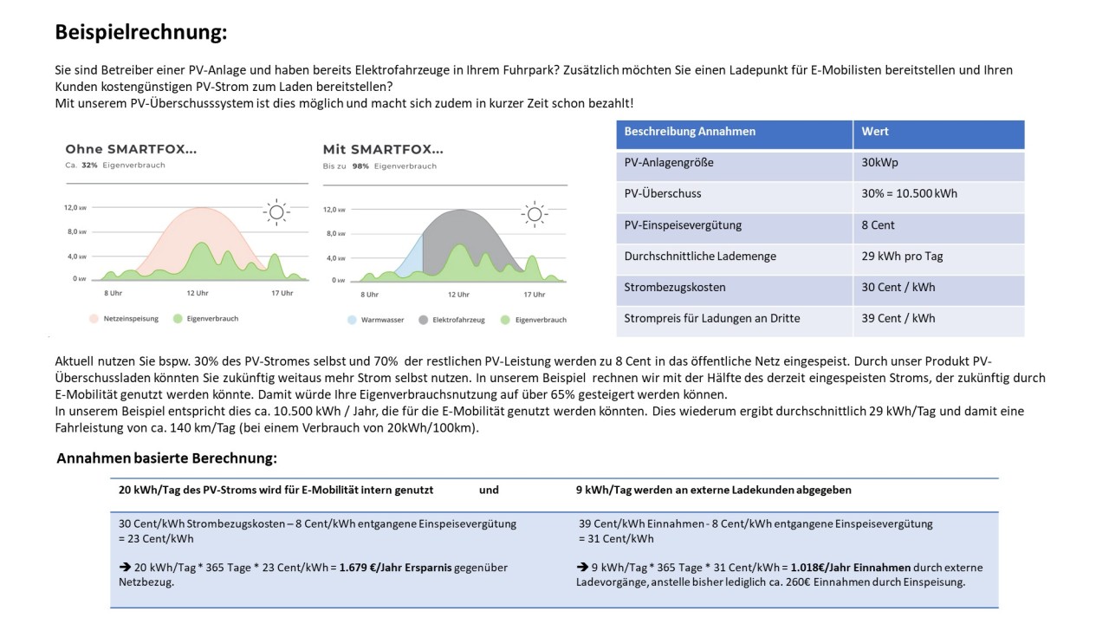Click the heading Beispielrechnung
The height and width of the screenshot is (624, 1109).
pos(141,33)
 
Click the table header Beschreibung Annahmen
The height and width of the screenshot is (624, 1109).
pos(690,132)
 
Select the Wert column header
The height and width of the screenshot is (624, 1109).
pos(875,132)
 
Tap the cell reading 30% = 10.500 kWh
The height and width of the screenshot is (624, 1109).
pos(909,194)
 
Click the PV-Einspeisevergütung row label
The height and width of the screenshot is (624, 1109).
pos(683,225)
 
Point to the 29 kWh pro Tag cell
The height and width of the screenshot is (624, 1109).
pos(902,257)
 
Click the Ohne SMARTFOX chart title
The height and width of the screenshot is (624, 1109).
pos(131,149)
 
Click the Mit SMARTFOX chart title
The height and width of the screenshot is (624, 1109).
pos(383,149)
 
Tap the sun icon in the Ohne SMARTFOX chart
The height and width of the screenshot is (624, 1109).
pos(276,211)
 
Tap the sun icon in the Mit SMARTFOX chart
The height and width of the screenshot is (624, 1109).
pos(534,213)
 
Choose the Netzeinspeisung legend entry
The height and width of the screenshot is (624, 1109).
pos(125,319)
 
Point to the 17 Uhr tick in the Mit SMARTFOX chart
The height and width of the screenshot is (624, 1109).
pos(535,295)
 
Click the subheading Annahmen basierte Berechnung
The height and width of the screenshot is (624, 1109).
pos(167,458)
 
